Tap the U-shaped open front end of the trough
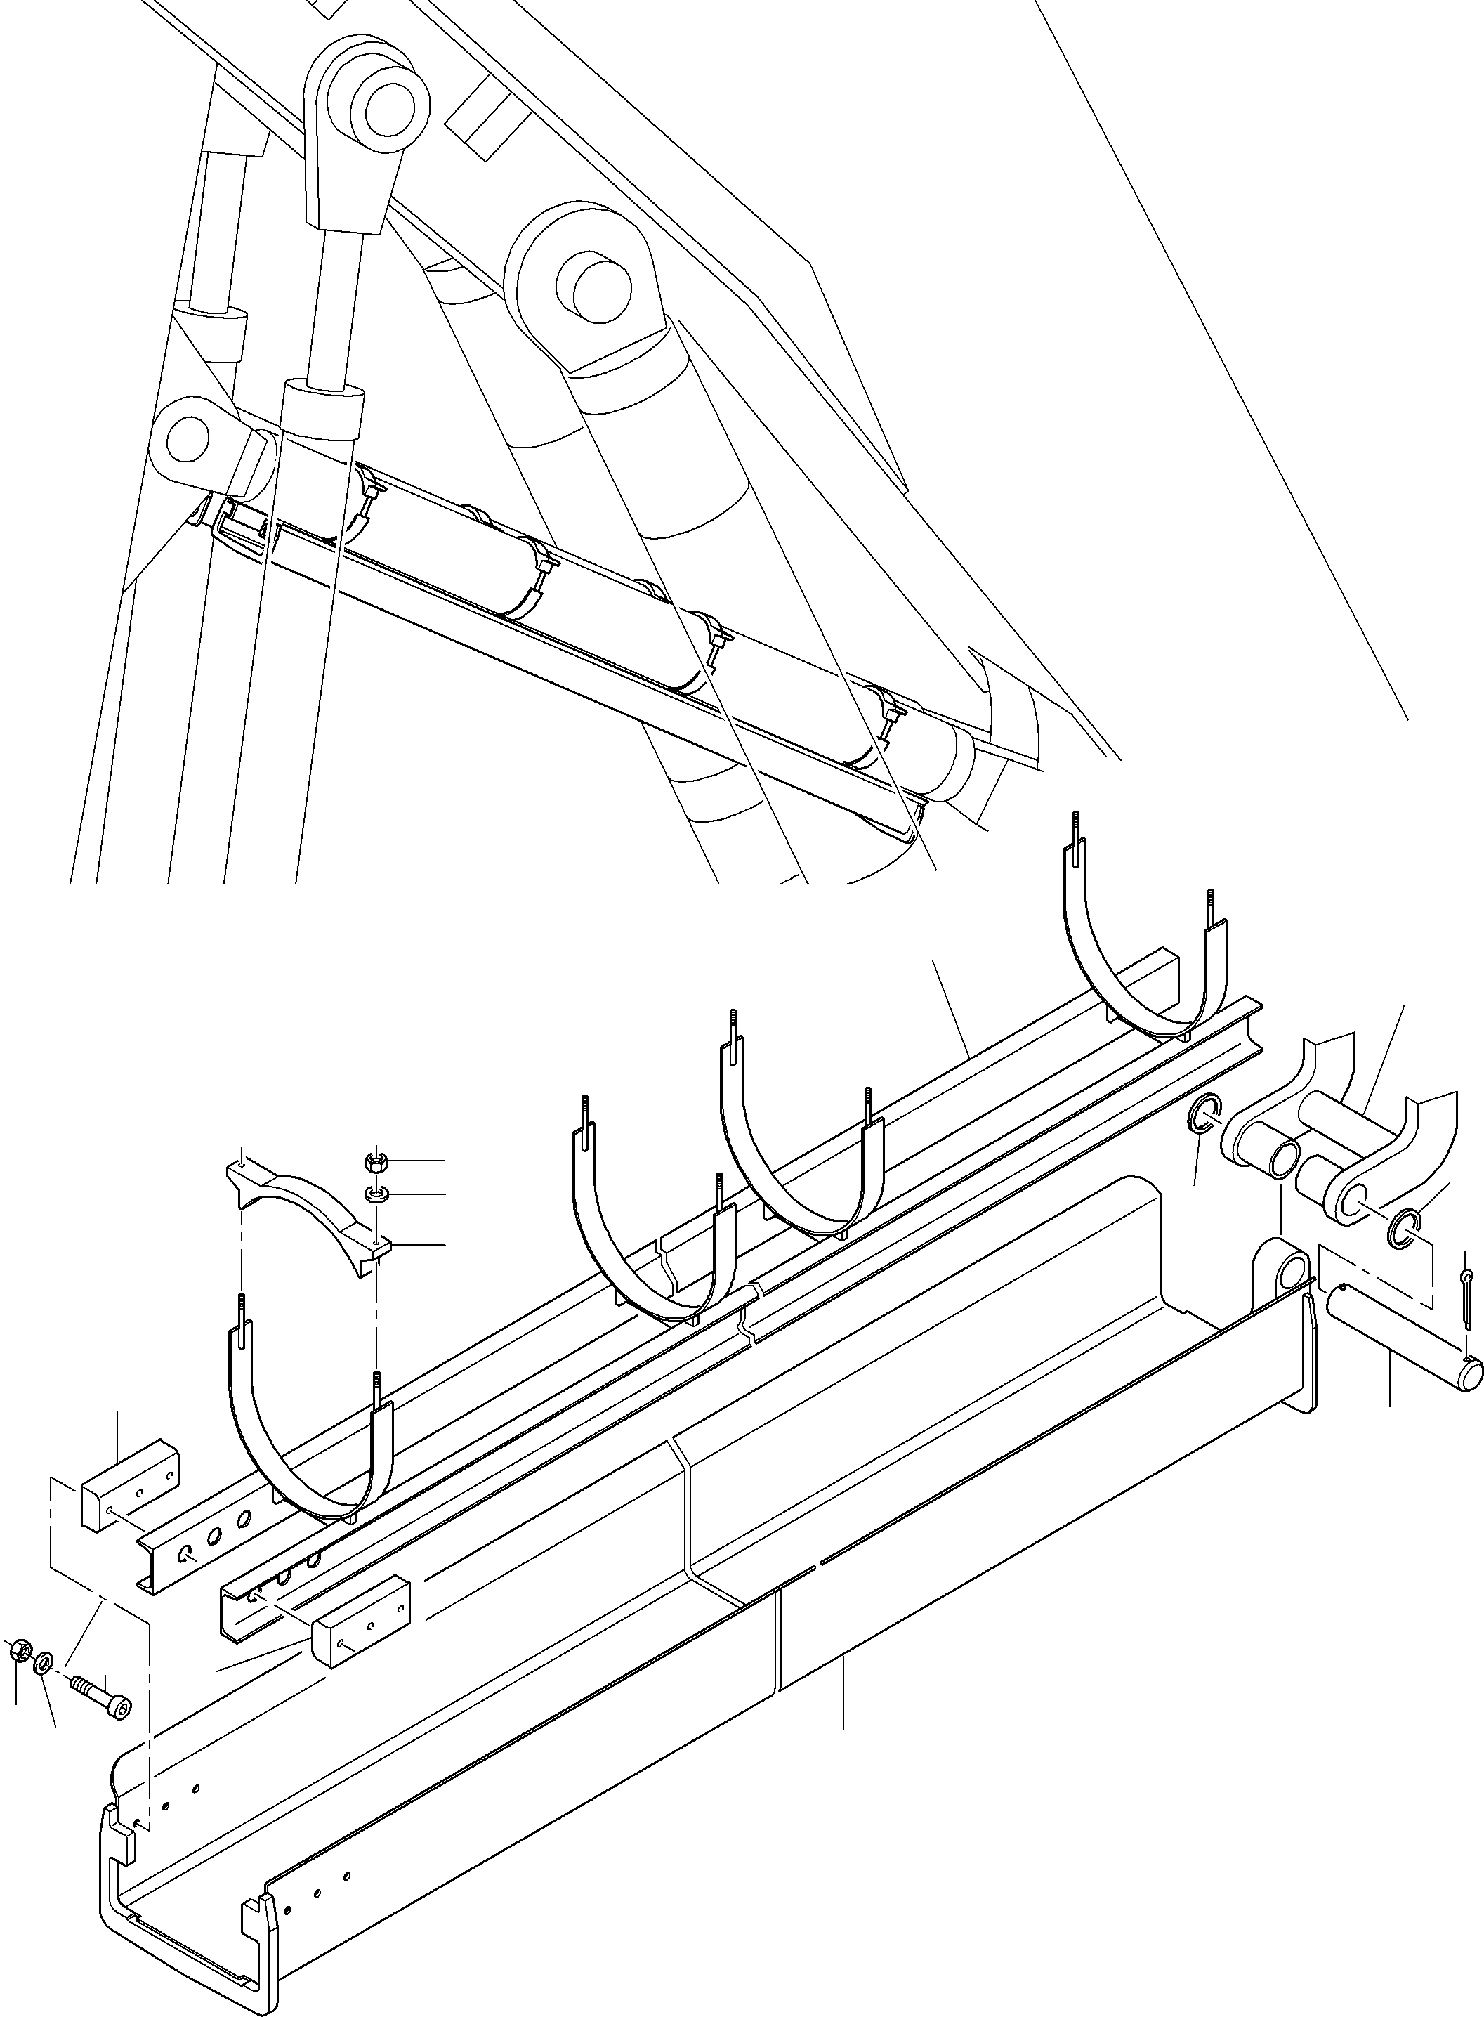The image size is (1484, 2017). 180,1932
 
